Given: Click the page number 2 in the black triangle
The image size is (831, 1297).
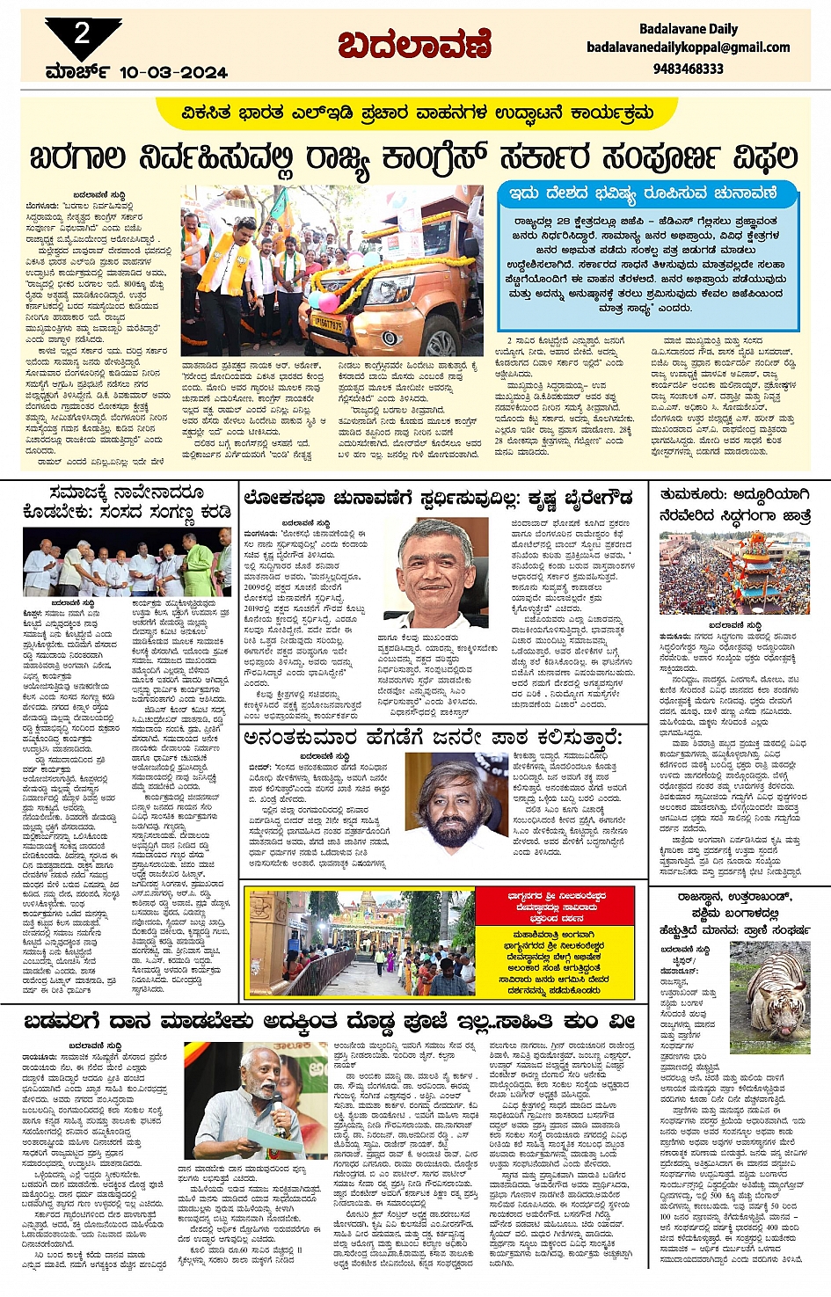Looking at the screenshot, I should pos(82,34).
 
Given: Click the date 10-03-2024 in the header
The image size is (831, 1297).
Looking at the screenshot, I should pos(173,72).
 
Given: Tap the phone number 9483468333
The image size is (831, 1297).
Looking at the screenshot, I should pos(688,69).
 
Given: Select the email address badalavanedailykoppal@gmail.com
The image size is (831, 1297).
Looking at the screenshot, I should pos(688,47).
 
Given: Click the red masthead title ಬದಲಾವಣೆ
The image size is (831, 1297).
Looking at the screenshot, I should pos(414,45).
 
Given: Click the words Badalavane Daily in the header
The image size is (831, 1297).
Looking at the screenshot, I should pos(688,29).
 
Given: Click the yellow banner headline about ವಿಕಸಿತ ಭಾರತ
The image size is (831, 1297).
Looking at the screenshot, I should pos(417,113).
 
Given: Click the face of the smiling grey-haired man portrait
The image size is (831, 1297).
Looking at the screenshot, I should pos(436,560).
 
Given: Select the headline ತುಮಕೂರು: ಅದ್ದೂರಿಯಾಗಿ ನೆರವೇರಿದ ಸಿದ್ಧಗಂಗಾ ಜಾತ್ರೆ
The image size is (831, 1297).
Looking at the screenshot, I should pos(735,506).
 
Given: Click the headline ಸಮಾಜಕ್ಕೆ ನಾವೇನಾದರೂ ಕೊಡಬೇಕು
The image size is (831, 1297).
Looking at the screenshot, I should pos(128,502).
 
